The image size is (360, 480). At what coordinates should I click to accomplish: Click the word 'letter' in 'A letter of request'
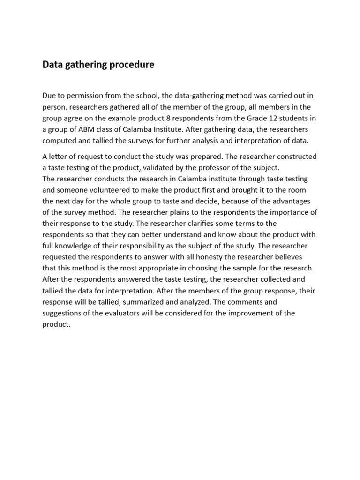(x=60, y=157)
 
